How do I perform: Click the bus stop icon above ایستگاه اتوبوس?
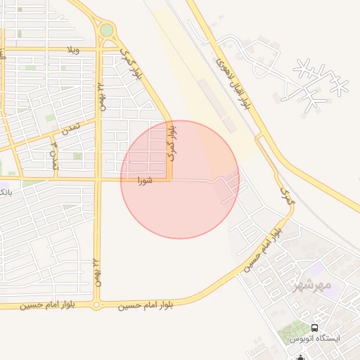(314, 328)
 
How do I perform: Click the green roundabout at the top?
(106, 30)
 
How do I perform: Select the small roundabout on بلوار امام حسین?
(96, 306)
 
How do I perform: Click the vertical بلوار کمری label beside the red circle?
(171, 144)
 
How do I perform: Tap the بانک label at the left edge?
(5, 191)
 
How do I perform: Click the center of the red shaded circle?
(180, 179)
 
